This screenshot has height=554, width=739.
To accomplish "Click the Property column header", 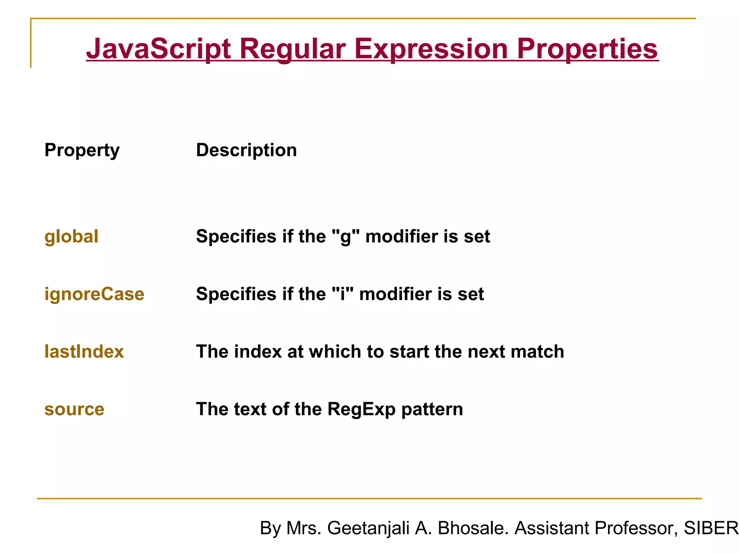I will (82, 150).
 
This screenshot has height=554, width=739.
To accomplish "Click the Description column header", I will (246, 150).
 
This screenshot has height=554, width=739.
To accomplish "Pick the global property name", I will (71, 237).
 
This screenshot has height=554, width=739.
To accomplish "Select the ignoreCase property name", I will (94, 294).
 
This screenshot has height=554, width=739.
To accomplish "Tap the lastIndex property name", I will (84, 352).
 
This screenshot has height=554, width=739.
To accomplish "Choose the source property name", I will (74, 409).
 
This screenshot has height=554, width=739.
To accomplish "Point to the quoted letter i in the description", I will (342, 294).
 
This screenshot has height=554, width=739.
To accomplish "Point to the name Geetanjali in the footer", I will (368, 528).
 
